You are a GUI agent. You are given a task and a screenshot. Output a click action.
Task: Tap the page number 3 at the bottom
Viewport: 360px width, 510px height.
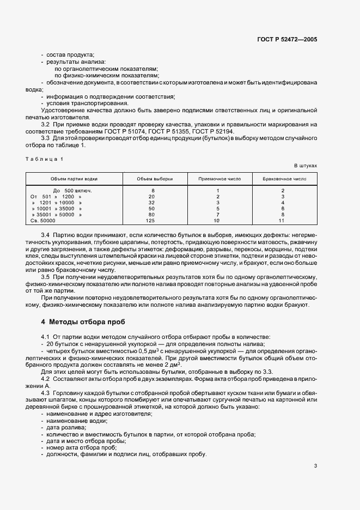315,465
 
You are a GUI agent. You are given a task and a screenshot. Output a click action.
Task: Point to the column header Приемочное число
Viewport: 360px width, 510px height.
217,178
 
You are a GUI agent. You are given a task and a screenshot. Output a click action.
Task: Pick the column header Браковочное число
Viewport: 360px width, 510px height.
284,178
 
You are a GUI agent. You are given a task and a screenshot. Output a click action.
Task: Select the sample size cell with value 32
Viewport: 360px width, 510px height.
152,202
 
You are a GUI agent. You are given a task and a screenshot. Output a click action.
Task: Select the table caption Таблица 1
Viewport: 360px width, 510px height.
45,159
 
